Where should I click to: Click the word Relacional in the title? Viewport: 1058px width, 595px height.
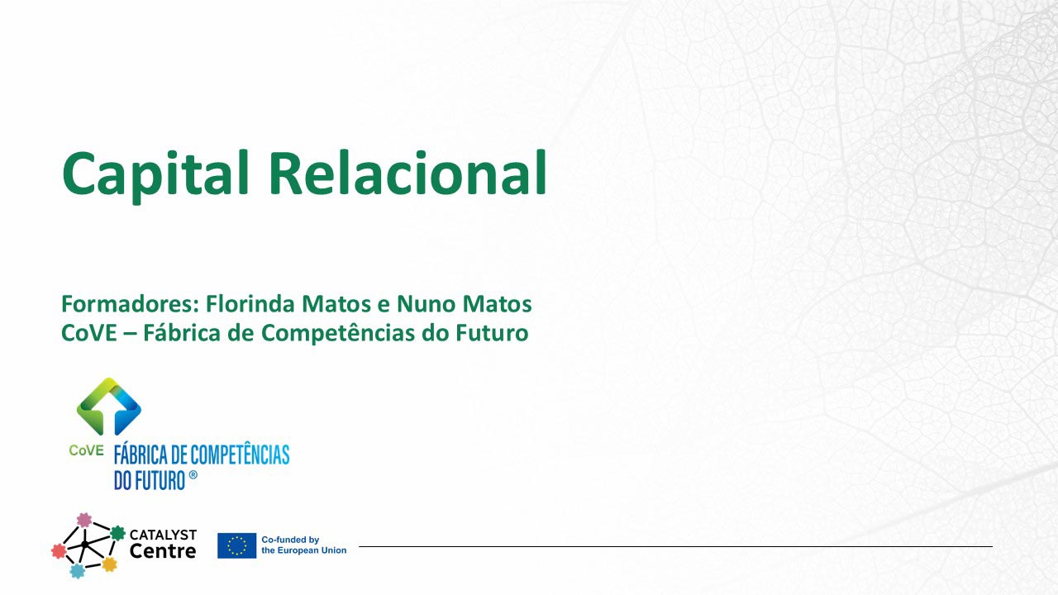pyautogui.click(x=408, y=172)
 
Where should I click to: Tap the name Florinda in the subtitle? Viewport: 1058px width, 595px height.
pyautogui.click(x=250, y=303)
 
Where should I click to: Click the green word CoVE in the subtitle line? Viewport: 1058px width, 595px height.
pyautogui.click(x=88, y=332)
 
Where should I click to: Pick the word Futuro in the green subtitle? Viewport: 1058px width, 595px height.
pyautogui.click(x=492, y=332)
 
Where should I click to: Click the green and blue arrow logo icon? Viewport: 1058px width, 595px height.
pyautogui.click(x=108, y=406)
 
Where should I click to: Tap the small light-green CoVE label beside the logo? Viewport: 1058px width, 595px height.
pyautogui.click(x=86, y=450)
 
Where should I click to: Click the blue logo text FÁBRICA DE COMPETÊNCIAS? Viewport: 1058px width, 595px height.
pyautogui.click(x=202, y=455)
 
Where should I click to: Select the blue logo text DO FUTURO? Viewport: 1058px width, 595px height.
pyautogui.click(x=150, y=480)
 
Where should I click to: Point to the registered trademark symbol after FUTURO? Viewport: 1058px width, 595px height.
pyautogui.click(x=193, y=475)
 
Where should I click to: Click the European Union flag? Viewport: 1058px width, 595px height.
pyautogui.click(x=236, y=546)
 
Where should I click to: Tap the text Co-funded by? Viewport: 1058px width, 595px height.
pyautogui.click(x=290, y=540)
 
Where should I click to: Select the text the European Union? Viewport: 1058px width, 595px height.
pyautogui.click(x=303, y=550)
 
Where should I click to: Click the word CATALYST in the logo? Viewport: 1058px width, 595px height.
pyautogui.click(x=163, y=535)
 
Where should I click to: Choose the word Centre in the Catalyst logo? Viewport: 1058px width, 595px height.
pyautogui.click(x=163, y=551)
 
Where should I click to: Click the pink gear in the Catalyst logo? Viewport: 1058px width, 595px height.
pyautogui.click(x=84, y=520)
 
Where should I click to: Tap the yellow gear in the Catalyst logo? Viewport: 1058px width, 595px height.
pyautogui.click(x=109, y=564)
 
